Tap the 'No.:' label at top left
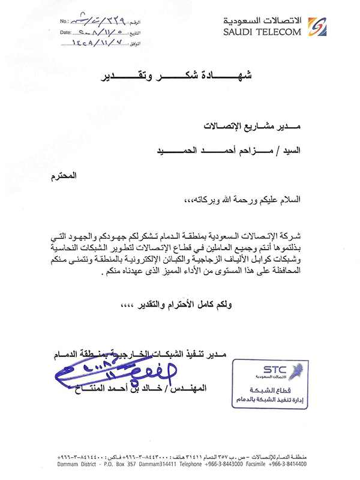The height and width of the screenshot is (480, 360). coord(65,22)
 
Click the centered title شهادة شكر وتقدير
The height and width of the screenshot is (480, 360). coord(179,76)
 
